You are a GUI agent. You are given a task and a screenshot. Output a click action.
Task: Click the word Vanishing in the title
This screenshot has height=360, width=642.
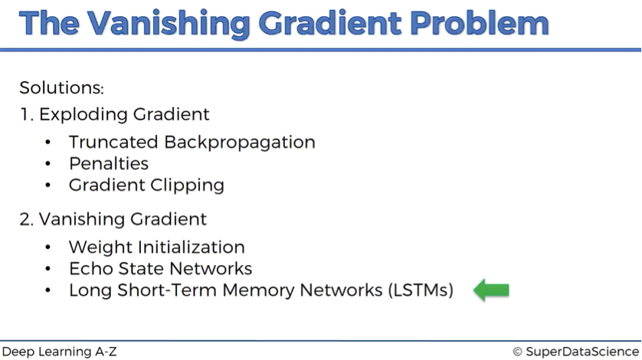169,25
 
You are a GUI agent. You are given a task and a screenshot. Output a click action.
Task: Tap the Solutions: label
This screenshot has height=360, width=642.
62,87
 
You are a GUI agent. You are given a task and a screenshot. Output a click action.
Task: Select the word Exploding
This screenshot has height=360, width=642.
84,115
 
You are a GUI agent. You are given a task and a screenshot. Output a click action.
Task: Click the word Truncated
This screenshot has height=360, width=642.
113,142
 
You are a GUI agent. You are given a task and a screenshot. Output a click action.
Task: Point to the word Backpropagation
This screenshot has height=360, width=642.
240,143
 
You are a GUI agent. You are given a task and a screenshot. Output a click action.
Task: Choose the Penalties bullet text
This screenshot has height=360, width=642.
109,163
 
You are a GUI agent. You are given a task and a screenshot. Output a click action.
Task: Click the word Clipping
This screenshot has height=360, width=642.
187,185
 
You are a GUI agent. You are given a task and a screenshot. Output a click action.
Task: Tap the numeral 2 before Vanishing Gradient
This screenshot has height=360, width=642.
25,220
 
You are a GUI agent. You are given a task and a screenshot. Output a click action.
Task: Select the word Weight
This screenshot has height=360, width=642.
100,247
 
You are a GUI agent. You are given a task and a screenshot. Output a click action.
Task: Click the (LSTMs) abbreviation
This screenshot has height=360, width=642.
421,290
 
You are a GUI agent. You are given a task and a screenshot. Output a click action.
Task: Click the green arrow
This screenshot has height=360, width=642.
491,290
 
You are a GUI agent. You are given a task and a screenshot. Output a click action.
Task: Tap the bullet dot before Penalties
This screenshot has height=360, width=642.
48,164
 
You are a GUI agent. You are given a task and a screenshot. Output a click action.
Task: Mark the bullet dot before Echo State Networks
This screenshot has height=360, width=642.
48,269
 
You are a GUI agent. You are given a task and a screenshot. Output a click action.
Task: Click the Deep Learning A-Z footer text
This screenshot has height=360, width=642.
59,352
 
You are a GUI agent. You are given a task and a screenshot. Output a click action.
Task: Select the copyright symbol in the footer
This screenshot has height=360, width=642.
517,352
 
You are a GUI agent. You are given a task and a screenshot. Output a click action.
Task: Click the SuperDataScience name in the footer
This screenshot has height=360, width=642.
582,352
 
